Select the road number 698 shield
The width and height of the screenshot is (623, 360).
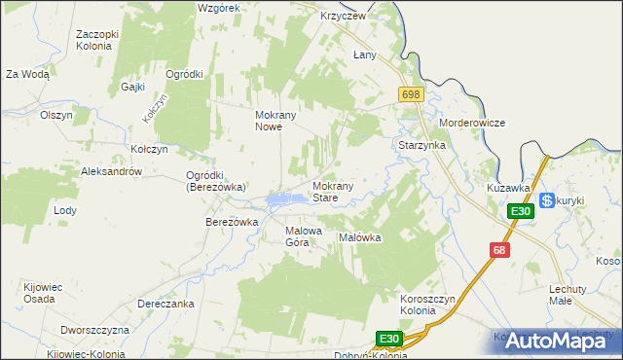(x=410, y=93)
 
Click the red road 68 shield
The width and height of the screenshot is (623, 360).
(x=499, y=250)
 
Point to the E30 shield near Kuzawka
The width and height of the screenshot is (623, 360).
(x=520, y=211)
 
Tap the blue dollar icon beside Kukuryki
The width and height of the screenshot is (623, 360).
(x=547, y=200)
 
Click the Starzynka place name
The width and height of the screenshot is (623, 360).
(x=422, y=145)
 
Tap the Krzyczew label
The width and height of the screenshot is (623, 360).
(x=343, y=17)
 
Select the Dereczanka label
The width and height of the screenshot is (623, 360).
(x=165, y=304)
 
